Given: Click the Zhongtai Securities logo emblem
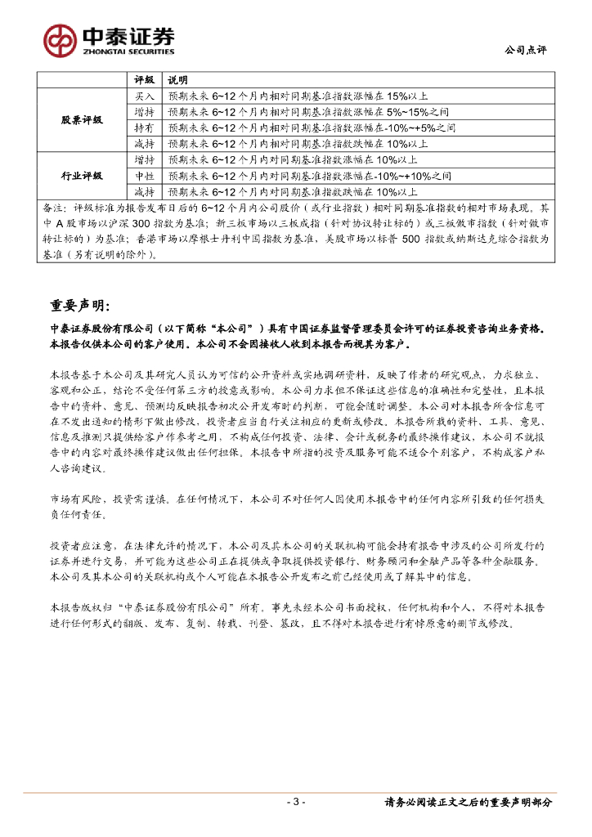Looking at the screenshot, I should click(59, 39).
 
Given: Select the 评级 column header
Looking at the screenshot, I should click(144, 80).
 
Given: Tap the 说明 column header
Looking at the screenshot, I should click(177, 80).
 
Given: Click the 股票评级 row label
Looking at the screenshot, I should click(82, 120).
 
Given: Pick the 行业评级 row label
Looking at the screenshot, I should click(82, 176).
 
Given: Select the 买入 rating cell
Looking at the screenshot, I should click(144, 96).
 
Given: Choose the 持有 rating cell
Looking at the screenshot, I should click(144, 128).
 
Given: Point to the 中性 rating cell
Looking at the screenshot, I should click(144, 176).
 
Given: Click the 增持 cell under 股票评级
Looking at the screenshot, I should click(144, 112).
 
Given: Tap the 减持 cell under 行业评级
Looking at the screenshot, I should click(144, 191).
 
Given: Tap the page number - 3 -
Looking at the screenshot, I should click(295, 802).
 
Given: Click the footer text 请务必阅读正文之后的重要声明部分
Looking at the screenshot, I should click(469, 802).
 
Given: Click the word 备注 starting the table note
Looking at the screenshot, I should click(51, 208).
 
